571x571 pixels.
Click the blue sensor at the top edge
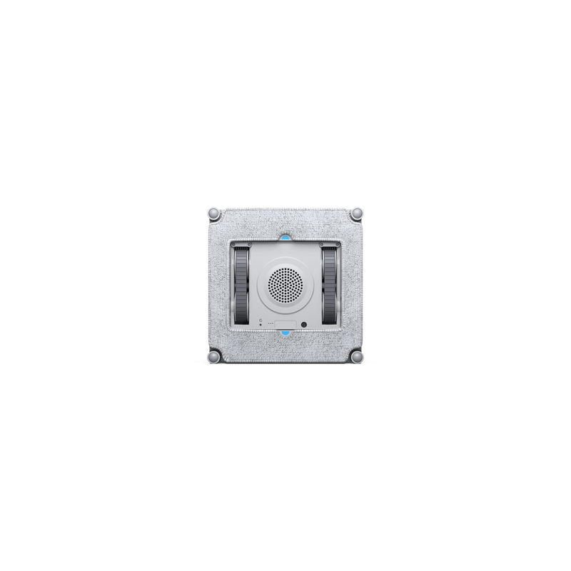tap(285, 236)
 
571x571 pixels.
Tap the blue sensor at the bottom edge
tap(285, 334)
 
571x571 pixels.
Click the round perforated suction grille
tap(285, 285)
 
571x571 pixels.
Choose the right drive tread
tap(330, 285)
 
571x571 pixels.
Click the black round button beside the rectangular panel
tap(305, 324)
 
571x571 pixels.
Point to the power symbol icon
tap(261, 319)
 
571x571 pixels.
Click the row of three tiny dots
tap(271, 324)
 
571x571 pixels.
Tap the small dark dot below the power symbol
tap(261, 325)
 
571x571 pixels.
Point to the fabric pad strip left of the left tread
tap(219, 285)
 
